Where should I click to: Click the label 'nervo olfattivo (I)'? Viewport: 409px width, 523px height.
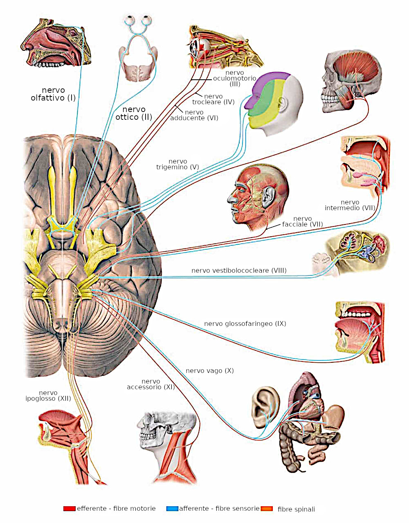[53, 94]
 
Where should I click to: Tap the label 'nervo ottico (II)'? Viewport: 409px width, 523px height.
[134, 113]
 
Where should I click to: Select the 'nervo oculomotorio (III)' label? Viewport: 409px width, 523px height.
[235, 78]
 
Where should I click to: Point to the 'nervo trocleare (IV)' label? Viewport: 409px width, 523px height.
[213, 99]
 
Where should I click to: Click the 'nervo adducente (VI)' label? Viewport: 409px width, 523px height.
[194, 115]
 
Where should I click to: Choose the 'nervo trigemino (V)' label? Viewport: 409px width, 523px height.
[178, 164]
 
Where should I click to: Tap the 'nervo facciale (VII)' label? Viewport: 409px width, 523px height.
[303, 221]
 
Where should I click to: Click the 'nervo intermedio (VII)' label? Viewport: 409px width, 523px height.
[350, 205]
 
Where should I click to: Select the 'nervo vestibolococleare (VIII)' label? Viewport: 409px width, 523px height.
[239, 270]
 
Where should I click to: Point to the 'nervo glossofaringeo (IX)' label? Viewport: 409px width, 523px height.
[245, 323]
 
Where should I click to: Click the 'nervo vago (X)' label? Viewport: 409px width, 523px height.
[210, 370]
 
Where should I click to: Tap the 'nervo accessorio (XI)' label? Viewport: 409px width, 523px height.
[151, 384]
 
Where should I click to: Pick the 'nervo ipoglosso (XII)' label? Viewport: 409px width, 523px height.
[48, 395]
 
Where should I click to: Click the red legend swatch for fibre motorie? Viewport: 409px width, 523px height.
[69, 508]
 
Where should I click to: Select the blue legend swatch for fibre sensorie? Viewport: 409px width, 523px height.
[172, 508]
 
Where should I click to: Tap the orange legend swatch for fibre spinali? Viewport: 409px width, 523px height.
[267, 508]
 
